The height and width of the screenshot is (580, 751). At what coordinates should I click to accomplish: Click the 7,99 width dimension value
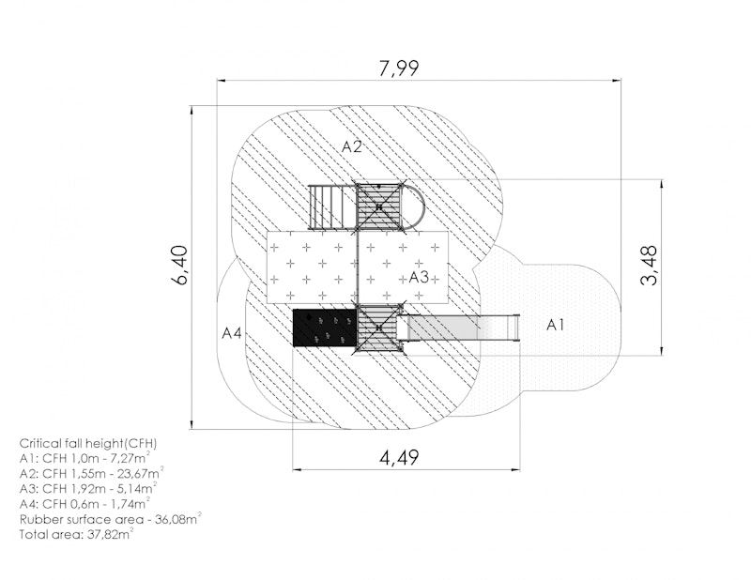pos(398,68)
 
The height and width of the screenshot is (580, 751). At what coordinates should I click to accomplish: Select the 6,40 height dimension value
pos(180,265)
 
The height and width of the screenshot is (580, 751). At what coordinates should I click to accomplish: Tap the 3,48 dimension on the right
pos(649,266)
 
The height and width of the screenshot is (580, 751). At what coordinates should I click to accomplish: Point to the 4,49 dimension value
pos(399,457)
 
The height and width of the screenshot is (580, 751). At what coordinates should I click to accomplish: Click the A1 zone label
pos(555,326)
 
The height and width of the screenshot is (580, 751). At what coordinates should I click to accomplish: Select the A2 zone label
pos(351,146)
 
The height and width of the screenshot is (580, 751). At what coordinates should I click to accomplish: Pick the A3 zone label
pos(419,277)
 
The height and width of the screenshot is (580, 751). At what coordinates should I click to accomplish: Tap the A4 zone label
pos(232,333)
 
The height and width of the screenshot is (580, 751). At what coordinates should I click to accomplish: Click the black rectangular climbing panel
pos(325,328)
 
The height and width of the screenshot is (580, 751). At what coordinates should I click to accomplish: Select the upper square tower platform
pos(379,206)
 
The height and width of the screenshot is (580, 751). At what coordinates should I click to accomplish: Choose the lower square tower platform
pos(379,328)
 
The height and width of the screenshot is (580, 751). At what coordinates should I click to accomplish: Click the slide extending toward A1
pos(463,328)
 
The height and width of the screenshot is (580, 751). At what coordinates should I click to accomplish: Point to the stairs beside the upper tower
pos(332,206)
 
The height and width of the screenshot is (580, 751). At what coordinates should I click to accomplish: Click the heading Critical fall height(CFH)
pos(88,443)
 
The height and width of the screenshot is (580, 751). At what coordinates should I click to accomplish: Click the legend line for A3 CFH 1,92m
pos(88,489)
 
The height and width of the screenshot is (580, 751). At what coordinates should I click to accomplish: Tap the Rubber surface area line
pos(110,519)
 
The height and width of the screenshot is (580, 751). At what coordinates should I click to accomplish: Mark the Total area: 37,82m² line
pos(76,534)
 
